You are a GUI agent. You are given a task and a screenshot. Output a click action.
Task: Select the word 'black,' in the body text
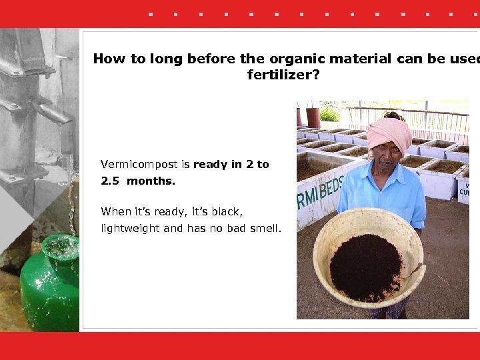pyautogui.click(x=226, y=212)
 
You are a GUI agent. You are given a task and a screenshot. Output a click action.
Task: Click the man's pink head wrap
pyautogui.click(x=389, y=132)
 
